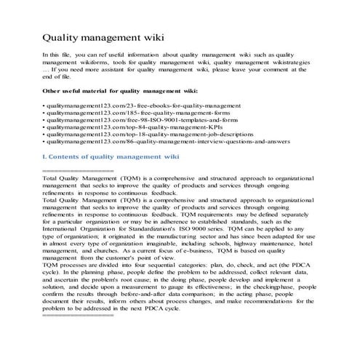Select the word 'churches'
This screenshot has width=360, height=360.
click(118, 263)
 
